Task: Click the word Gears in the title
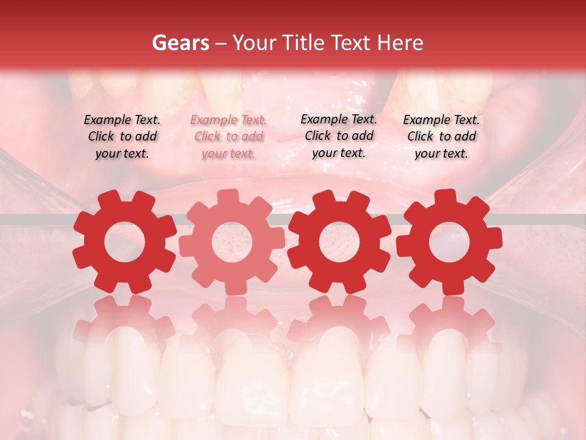coord(180,43)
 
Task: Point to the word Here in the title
coord(400,43)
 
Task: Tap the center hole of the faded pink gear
coord(232,242)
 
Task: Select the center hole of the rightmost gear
coord(449,242)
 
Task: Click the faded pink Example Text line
coord(228,120)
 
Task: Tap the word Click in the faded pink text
coord(209,137)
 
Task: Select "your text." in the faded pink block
coord(228,153)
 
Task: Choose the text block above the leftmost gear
coord(122,137)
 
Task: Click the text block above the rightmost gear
coord(441,137)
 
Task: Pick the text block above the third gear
coord(339,136)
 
